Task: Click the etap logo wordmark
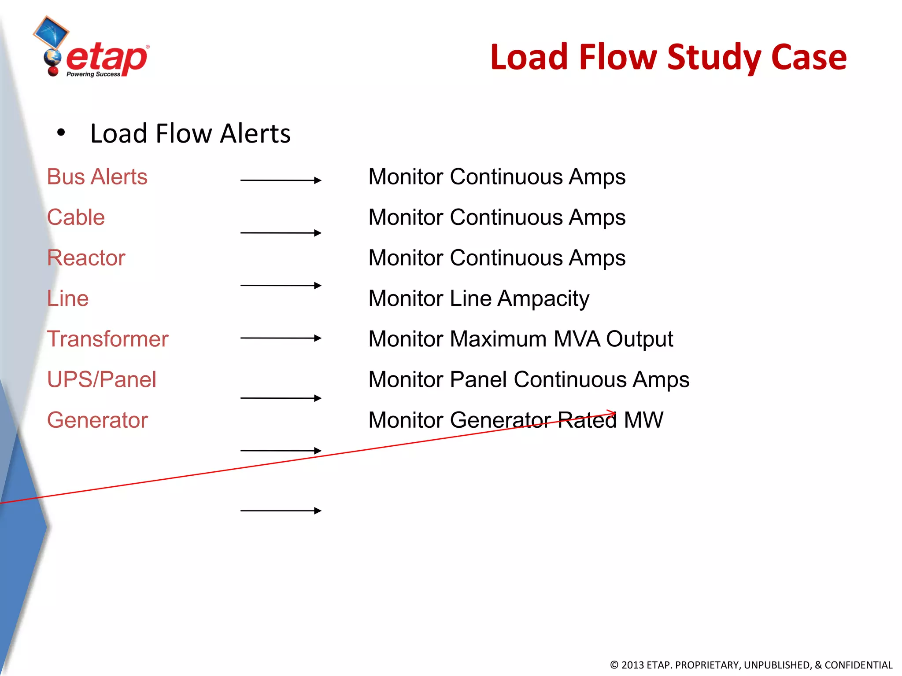[x=107, y=59]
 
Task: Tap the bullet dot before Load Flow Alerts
[x=61, y=132]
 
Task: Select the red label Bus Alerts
[x=97, y=177]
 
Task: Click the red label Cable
[x=76, y=217]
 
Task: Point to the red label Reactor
[x=86, y=258]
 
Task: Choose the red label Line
[x=68, y=298]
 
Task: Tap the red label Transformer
[x=107, y=339]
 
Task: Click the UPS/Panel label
[x=101, y=379]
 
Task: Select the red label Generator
[x=97, y=420]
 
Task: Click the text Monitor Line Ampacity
[x=478, y=299]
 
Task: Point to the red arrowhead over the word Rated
[x=612, y=413]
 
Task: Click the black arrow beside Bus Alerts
[x=281, y=180]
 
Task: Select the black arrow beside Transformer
[x=281, y=338]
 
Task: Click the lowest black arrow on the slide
[x=281, y=511]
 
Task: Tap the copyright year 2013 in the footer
[x=633, y=665]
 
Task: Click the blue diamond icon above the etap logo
[x=51, y=32]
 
